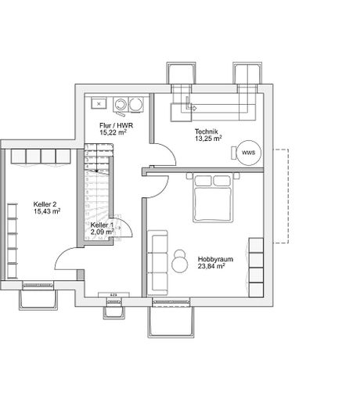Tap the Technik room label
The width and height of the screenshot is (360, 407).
(206, 131)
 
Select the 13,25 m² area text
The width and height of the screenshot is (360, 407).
(208, 139)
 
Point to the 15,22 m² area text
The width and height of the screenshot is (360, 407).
(113, 133)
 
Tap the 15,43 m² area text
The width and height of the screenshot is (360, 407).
(47, 211)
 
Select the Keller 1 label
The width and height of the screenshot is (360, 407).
(102, 225)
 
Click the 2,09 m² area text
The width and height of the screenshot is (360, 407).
(103, 232)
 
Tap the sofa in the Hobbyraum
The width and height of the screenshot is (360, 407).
(158, 258)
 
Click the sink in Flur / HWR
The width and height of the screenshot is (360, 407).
(99, 103)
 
